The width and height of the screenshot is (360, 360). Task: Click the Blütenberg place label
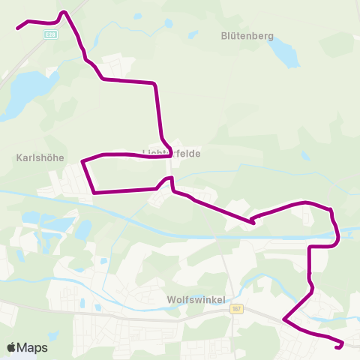(247, 35)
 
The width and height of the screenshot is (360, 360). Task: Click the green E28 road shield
(49, 34)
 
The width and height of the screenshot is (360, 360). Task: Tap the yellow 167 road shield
(238, 308)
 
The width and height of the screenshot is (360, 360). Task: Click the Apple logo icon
(12, 347)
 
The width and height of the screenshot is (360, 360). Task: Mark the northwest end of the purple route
(18, 28)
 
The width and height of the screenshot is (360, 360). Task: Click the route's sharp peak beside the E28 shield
(64, 11)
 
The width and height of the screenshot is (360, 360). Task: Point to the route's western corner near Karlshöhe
(82, 160)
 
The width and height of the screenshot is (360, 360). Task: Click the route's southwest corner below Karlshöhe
(94, 193)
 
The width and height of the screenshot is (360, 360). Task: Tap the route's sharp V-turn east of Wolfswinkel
(283, 320)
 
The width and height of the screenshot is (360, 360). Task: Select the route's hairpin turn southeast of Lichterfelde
(252, 221)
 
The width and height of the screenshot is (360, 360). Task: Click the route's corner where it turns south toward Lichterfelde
(155, 83)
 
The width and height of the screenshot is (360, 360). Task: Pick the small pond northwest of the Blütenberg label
(167, 23)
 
